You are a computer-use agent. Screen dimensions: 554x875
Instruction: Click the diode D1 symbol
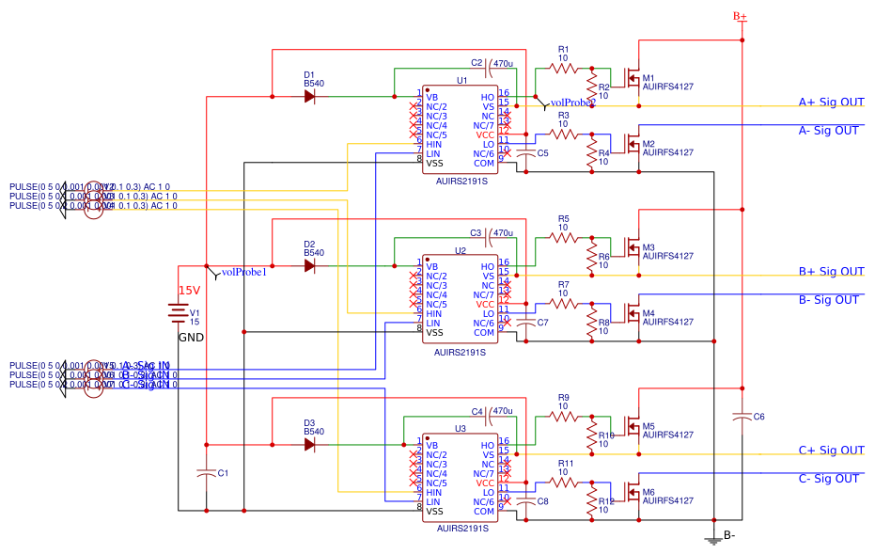click(309, 96)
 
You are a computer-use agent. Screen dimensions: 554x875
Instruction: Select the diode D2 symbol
click(309, 265)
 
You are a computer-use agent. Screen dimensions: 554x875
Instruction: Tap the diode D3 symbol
click(309, 444)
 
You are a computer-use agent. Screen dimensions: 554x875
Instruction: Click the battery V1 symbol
click(178, 311)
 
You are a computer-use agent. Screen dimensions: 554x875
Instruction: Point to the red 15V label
click(190, 291)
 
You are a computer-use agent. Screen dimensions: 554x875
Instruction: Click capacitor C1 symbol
click(206, 474)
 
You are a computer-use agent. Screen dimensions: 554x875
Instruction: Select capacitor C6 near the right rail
click(742, 415)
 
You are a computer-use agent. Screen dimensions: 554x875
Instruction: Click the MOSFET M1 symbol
click(631, 79)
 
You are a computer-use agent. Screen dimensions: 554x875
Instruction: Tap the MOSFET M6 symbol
click(631, 493)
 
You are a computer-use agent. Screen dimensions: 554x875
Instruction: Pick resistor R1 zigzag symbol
click(564, 68)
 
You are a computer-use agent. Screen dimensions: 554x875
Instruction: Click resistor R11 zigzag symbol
click(564, 482)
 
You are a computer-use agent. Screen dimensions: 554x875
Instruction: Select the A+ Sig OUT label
click(831, 103)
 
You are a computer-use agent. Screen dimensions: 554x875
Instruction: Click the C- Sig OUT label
click(828, 479)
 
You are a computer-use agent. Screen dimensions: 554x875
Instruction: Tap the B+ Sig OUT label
click(831, 272)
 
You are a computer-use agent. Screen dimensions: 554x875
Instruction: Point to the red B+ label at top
click(740, 16)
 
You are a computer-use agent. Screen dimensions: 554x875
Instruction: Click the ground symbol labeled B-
click(715, 539)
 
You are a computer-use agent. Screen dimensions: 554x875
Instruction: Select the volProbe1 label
click(244, 273)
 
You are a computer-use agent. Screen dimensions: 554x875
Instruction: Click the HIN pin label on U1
click(433, 144)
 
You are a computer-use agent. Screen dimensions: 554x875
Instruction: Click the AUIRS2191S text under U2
click(460, 353)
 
